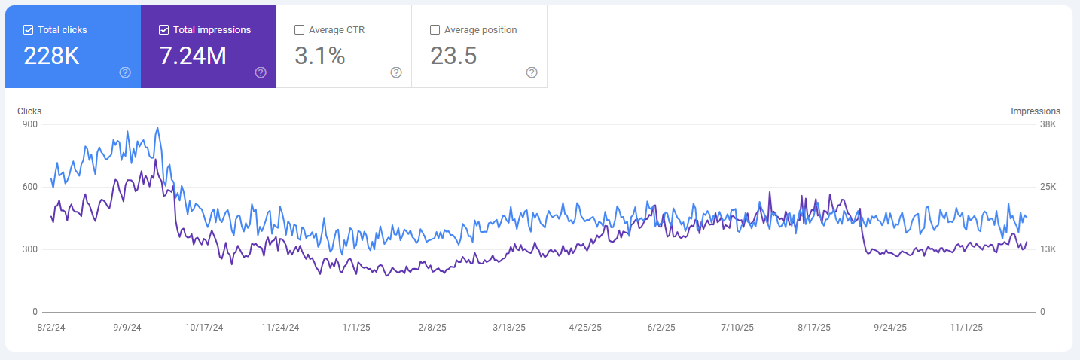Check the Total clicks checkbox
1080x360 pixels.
29,30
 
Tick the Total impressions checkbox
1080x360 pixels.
164,30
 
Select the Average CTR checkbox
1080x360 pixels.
300,30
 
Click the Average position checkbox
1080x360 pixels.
435,30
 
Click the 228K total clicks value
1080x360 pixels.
52,56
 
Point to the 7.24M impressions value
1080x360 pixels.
193,56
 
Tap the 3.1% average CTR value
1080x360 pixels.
319,56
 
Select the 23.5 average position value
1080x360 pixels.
453,56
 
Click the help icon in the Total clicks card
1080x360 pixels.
125,72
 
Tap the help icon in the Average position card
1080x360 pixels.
532,72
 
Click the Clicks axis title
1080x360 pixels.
29,111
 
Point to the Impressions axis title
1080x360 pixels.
1036,111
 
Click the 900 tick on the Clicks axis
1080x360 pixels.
30,124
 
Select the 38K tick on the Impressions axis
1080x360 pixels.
1048,124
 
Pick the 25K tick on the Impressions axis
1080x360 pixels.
1048,187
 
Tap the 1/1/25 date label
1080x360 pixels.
356,328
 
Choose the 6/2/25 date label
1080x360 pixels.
662,328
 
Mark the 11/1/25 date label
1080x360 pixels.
966,328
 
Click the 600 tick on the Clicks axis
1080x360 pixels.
30,187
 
